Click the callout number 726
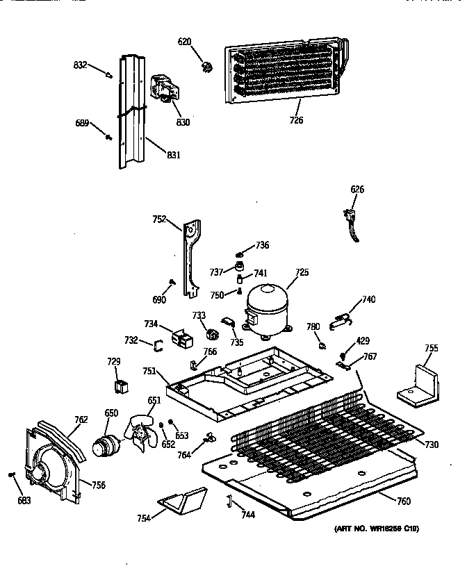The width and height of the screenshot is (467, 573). pos(296,120)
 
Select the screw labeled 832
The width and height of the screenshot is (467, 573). pos(111,74)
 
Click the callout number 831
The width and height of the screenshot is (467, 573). pos(173,155)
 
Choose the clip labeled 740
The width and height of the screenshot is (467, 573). pos(340,319)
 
